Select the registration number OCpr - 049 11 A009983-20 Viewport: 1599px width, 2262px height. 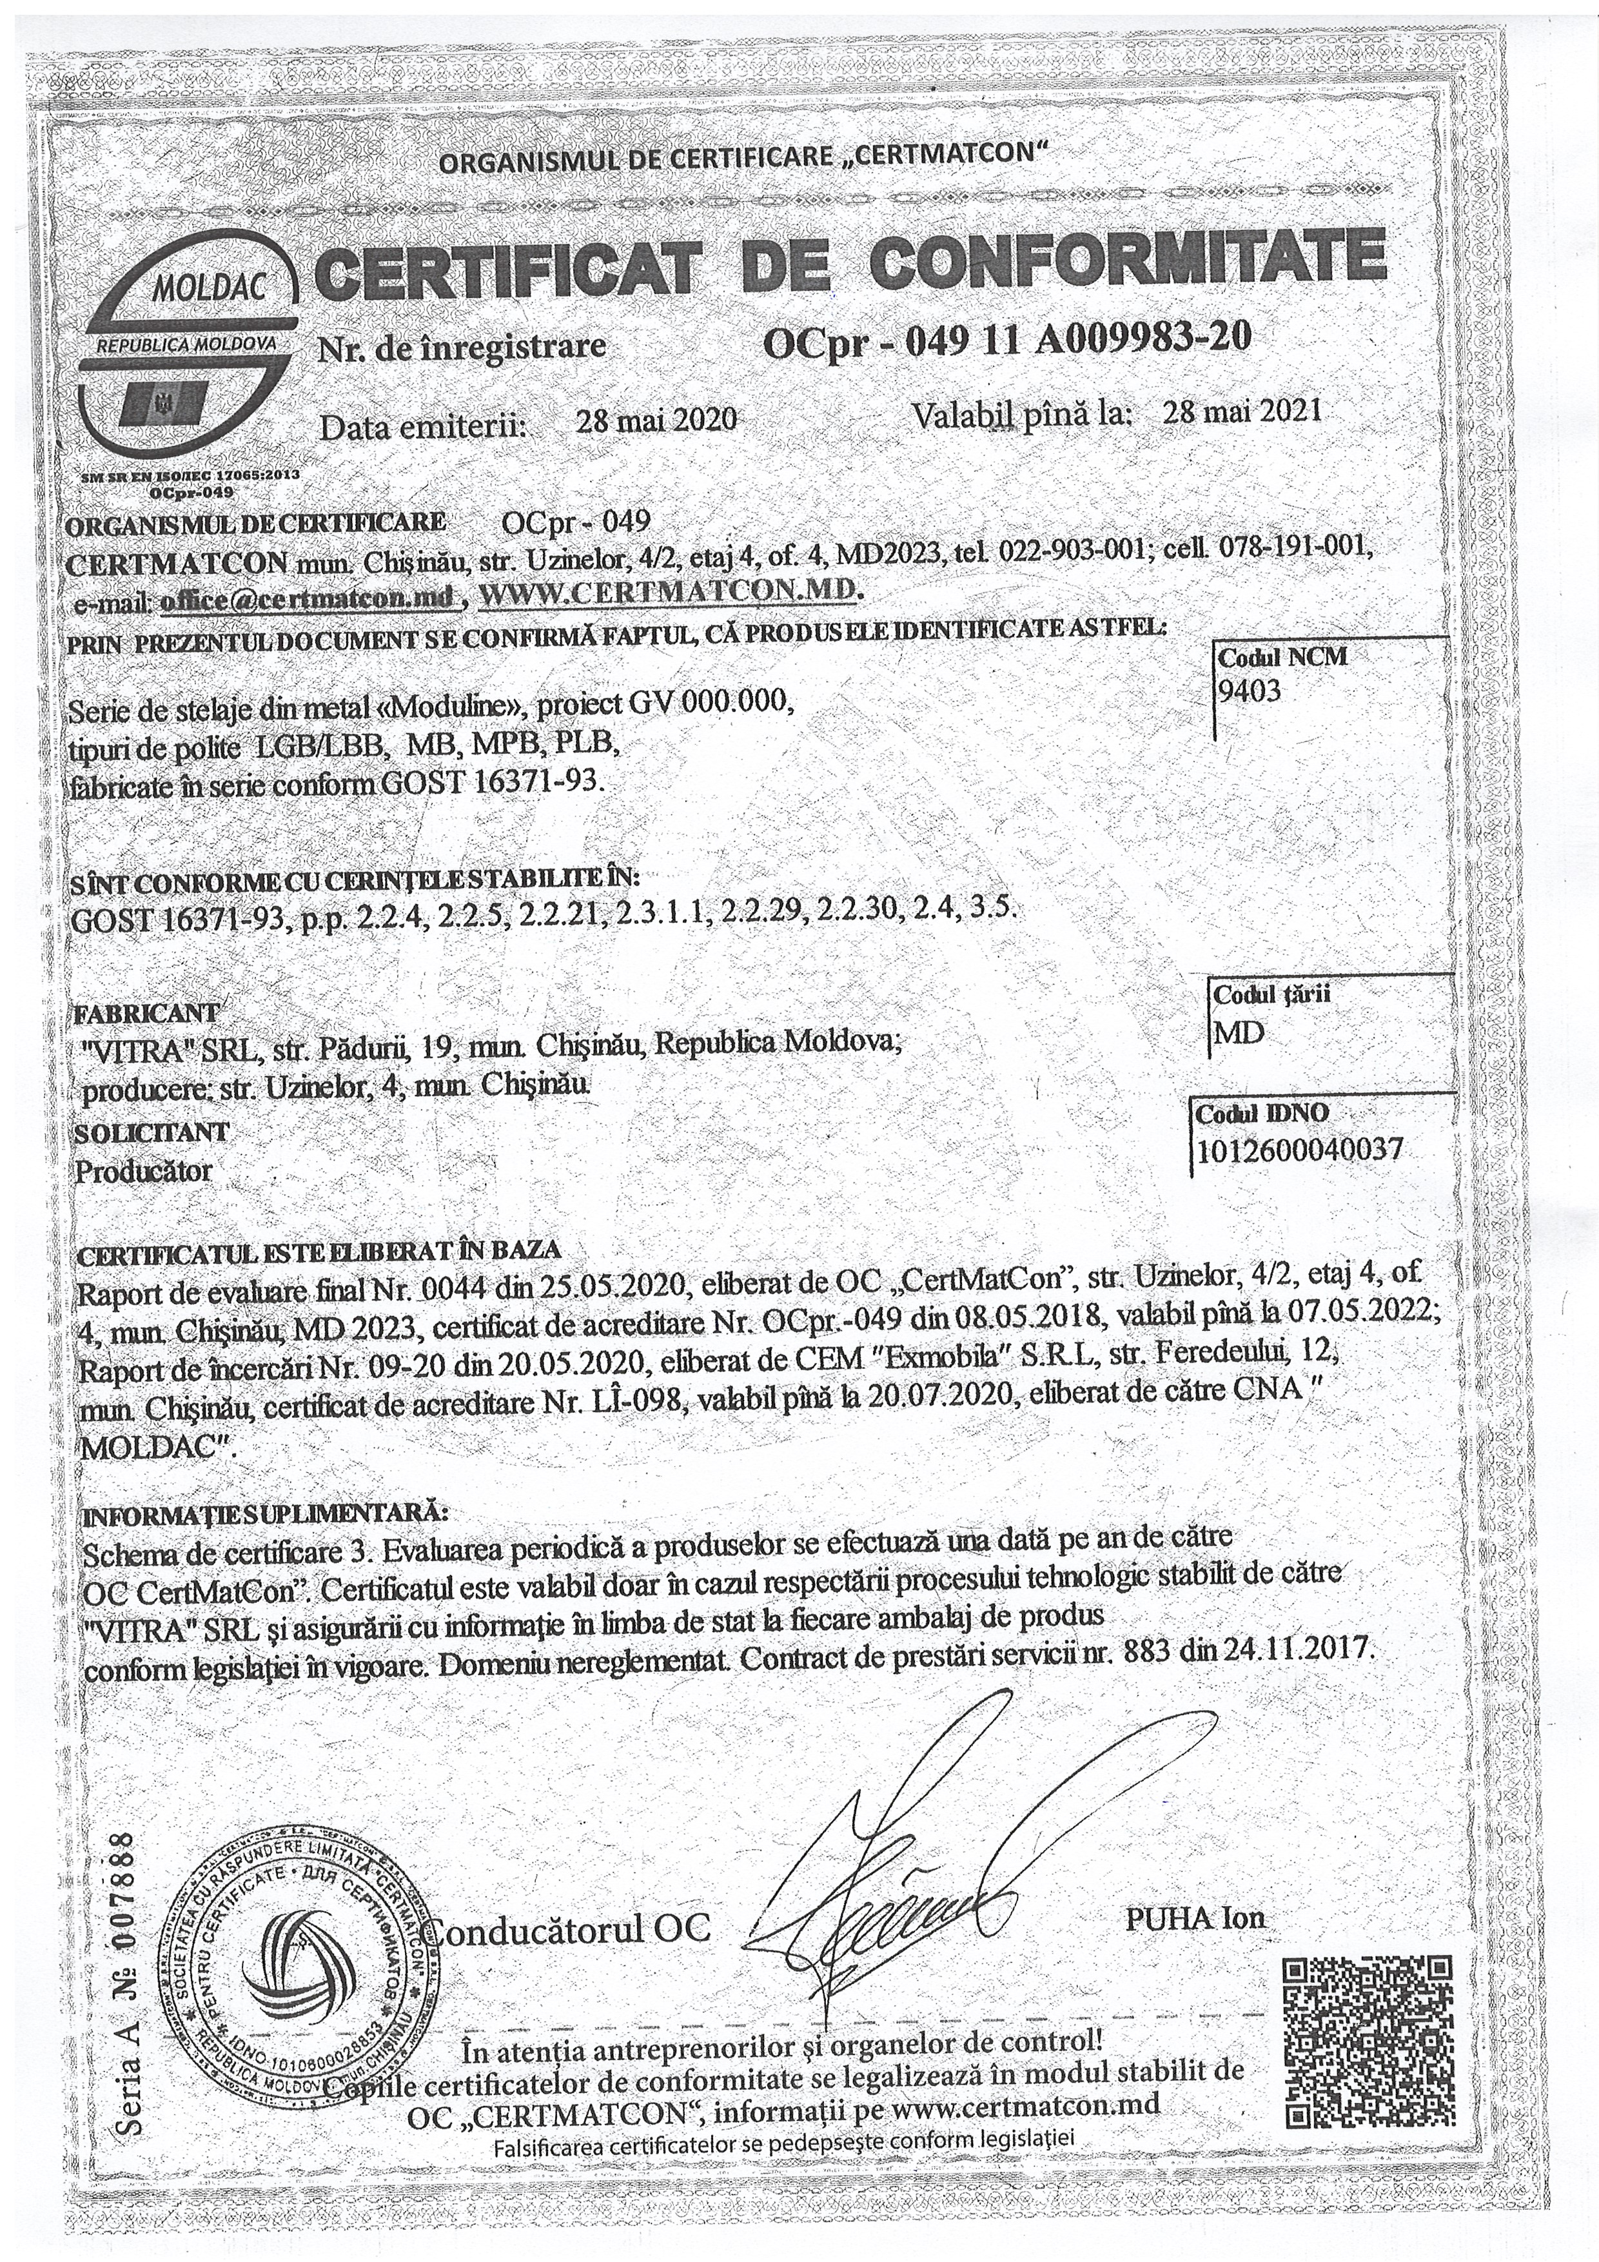click(x=1007, y=338)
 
